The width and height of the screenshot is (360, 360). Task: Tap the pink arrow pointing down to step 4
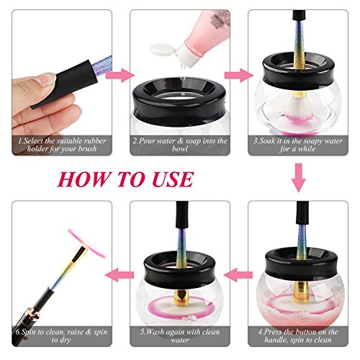click(298, 178)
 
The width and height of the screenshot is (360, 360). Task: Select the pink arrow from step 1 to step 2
click(120, 75)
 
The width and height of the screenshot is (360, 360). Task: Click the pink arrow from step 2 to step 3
click(239, 75)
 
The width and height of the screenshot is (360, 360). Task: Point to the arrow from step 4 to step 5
click(238, 275)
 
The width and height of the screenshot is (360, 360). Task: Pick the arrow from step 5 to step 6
click(120, 275)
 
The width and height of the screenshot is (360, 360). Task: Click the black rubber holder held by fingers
click(65, 83)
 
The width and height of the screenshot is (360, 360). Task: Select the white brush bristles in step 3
click(297, 107)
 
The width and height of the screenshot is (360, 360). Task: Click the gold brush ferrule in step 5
click(181, 298)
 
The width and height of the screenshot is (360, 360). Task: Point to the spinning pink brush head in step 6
click(86, 243)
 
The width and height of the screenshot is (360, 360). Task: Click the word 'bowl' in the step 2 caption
click(180, 149)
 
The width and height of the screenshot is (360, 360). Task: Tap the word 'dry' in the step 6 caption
click(65, 341)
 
